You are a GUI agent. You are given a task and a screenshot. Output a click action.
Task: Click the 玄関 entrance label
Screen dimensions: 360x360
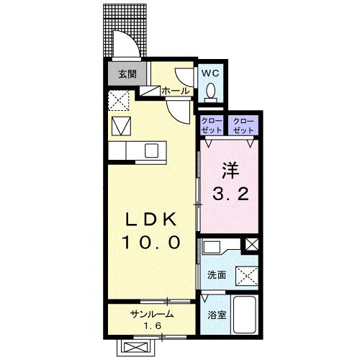click(x=127, y=74)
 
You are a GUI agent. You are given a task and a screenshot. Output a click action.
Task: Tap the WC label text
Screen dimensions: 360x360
click(x=210, y=73)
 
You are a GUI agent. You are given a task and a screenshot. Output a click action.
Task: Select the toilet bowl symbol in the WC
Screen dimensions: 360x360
click(x=211, y=91)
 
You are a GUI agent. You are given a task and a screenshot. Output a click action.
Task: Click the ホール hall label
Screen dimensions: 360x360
click(x=176, y=91)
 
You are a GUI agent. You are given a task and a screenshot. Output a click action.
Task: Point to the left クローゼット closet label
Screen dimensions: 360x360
click(x=212, y=125)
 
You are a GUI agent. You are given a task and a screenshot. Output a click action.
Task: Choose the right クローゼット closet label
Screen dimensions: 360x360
click(x=243, y=125)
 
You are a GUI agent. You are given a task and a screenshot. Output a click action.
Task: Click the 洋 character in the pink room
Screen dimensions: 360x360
click(x=230, y=171)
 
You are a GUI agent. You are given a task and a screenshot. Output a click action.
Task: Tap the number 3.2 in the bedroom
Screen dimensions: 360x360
click(x=230, y=194)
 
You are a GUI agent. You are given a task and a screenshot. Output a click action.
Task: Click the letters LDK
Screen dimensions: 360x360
click(x=151, y=219)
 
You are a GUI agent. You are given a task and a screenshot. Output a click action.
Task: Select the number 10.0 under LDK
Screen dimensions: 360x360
click(x=151, y=242)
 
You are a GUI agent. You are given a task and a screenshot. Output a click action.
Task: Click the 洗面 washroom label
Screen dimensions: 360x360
click(x=217, y=275)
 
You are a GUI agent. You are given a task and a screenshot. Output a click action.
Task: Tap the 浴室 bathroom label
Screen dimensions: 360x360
click(x=217, y=315)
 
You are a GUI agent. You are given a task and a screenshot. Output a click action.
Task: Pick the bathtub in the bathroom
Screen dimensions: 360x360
click(x=245, y=315)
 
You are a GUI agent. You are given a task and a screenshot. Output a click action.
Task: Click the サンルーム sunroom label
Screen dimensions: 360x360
click(x=152, y=314)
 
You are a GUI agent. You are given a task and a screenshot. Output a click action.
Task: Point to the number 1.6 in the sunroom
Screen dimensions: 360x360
click(x=152, y=326)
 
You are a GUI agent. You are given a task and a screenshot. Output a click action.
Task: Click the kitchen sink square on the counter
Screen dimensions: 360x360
click(x=152, y=150)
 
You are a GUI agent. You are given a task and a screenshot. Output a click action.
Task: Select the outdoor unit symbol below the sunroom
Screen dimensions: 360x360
click(x=136, y=348)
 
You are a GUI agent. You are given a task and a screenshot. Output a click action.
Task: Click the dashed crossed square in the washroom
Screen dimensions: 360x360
click(x=247, y=276)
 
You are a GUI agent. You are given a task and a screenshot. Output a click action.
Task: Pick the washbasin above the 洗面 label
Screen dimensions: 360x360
click(x=212, y=247)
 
